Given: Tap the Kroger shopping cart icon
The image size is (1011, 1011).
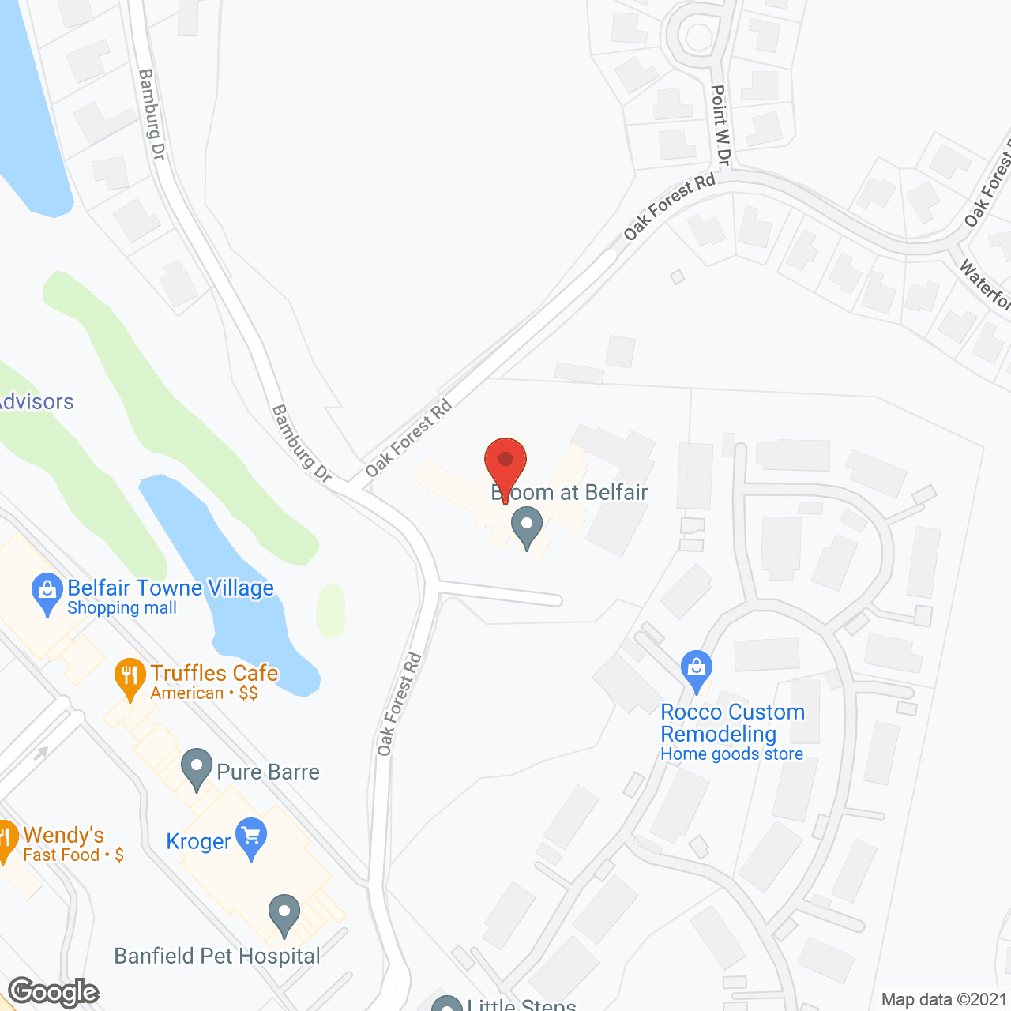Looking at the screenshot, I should coord(251,836).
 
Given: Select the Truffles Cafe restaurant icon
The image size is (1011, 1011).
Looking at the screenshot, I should coord(130,676).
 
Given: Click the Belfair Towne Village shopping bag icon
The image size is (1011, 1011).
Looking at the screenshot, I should coord(47,592).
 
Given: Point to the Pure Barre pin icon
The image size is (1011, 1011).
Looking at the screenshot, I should coord(197,768).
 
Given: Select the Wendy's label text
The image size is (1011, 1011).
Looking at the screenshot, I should coord(63,835).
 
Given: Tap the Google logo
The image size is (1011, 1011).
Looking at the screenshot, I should coord(54,992).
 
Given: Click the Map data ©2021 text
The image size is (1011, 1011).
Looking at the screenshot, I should coord(944,1000).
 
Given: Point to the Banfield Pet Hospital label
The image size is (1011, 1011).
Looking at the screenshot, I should coord(217,957).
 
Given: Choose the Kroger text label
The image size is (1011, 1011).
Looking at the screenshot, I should coord(198,842).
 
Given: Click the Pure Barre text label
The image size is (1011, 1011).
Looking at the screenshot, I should coord(269,772).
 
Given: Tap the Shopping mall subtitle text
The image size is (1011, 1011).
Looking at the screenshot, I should coord(122,608).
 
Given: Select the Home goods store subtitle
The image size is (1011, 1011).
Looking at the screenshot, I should coord(731,754).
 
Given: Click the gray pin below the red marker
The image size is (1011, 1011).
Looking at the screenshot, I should coord(527,527).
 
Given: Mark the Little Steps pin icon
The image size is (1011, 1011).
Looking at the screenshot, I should coord(447,1005).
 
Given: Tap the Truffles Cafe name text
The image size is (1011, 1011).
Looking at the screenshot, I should coord(214,673).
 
